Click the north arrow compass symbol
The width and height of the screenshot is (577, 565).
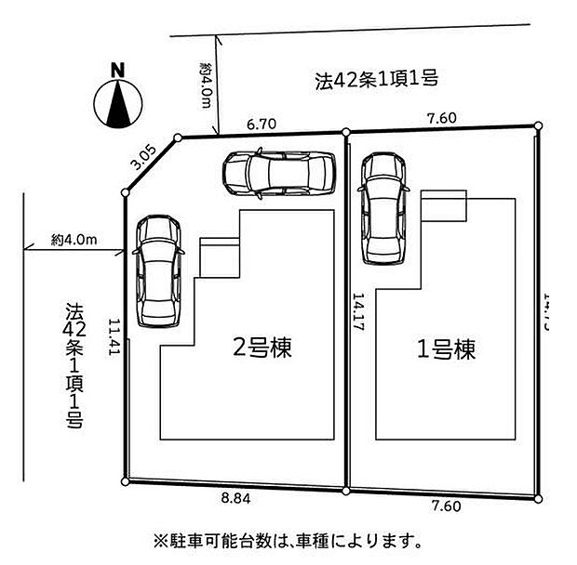pyautogui.click(x=117, y=104)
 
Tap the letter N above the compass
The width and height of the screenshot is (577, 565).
pyautogui.click(x=117, y=69)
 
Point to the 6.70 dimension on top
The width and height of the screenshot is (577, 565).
pyautogui.click(x=262, y=122)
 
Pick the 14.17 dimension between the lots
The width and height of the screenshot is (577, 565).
pyautogui.click(x=358, y=314)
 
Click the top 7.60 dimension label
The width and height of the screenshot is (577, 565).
pyautogui.click(x=442, y=118)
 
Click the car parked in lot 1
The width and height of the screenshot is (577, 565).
pyautogui.click(x=383, y=207)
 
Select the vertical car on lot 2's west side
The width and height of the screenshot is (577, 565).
pyautogui.click(x=154, y=271)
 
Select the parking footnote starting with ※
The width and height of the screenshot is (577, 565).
pyautogui.click(x=287, y=539)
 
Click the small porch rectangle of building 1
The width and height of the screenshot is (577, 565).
pyautogui.click(x=443, y=205)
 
